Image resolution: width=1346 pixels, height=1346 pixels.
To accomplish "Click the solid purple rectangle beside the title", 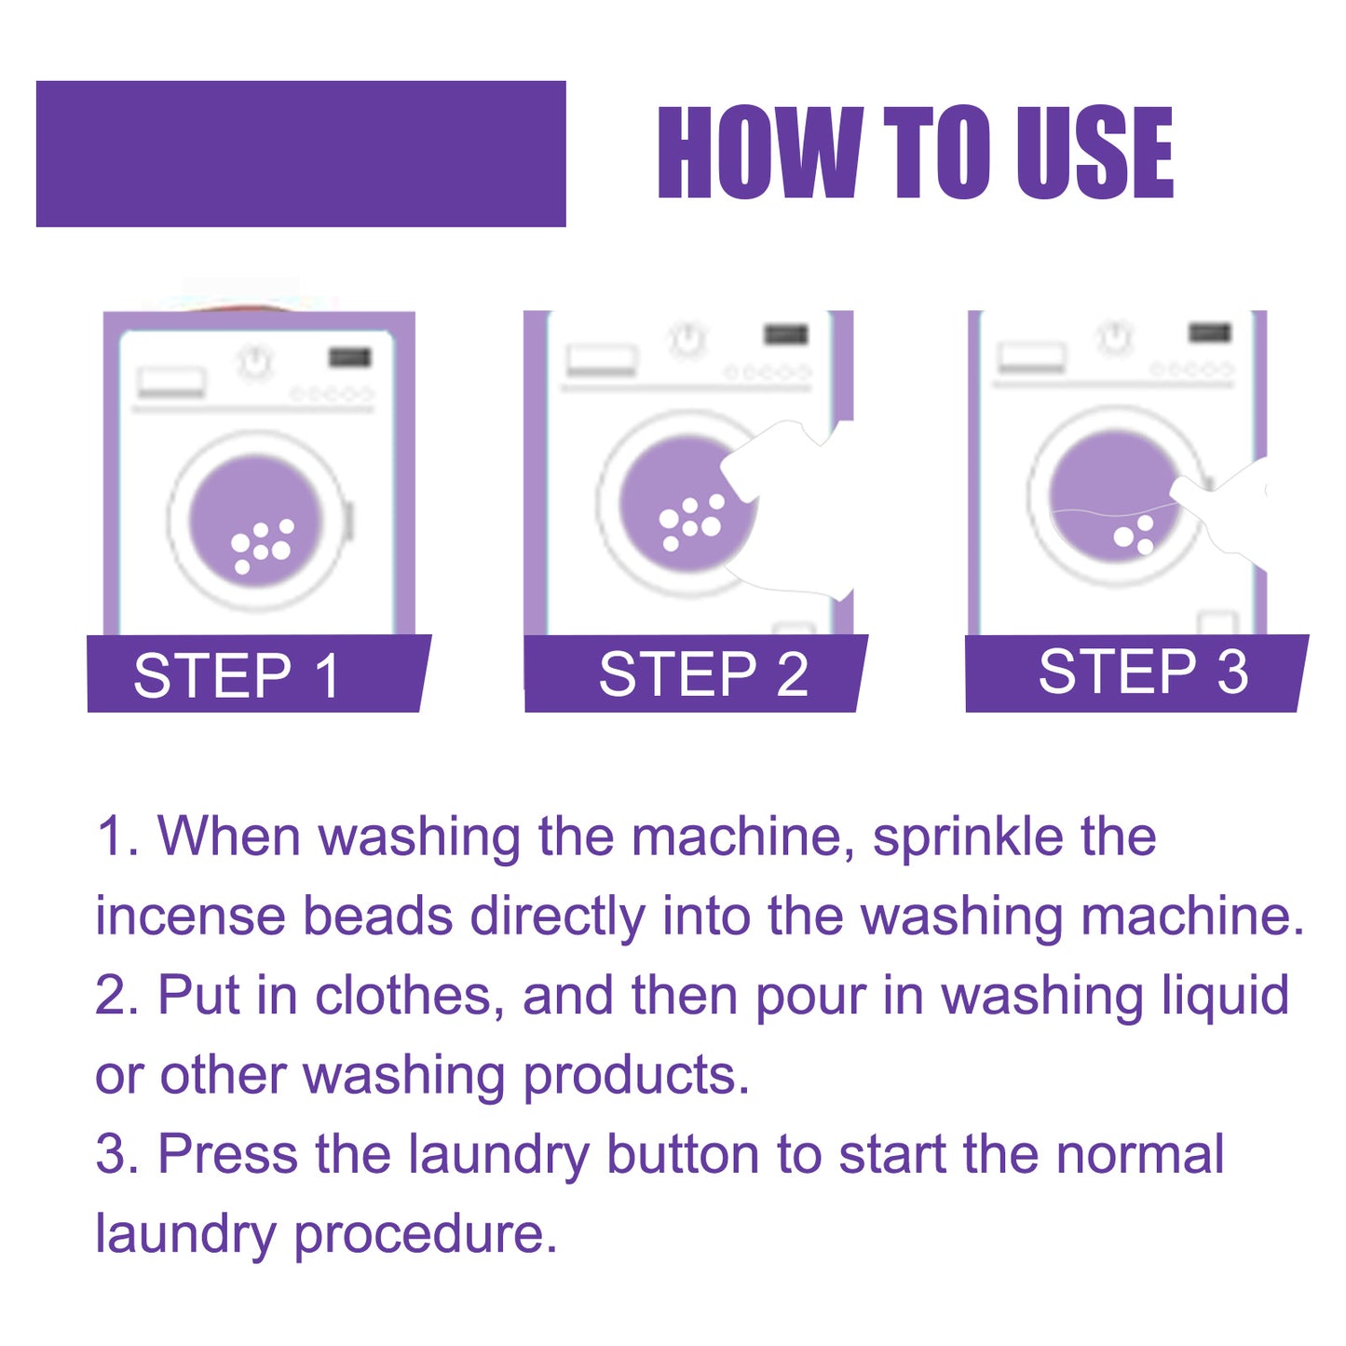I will click(x=300, y=153).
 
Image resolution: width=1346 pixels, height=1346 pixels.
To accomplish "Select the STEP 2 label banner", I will click(x=695, y=674).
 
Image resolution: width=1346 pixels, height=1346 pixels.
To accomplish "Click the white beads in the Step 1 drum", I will click(x=262, y=545).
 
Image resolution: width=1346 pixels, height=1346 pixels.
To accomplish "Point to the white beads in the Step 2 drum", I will click(x=691, y=523).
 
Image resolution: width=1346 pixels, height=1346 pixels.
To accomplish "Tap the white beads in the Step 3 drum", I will click(x=1135, y=534).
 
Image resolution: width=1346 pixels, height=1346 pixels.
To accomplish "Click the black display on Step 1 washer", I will click(x=349, y=357).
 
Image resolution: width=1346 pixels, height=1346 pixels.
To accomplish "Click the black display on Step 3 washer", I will click(x=1210, y=332).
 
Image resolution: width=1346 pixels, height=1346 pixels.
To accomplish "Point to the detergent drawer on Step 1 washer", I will click(x=170, y=381).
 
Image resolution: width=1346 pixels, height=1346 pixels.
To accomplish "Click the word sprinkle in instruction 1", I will click(x=968, y=836).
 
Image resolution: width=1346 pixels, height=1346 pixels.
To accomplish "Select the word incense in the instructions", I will click(x=190, y=916).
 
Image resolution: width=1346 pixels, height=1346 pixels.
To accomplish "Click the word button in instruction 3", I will click(x=683, y=1154).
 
